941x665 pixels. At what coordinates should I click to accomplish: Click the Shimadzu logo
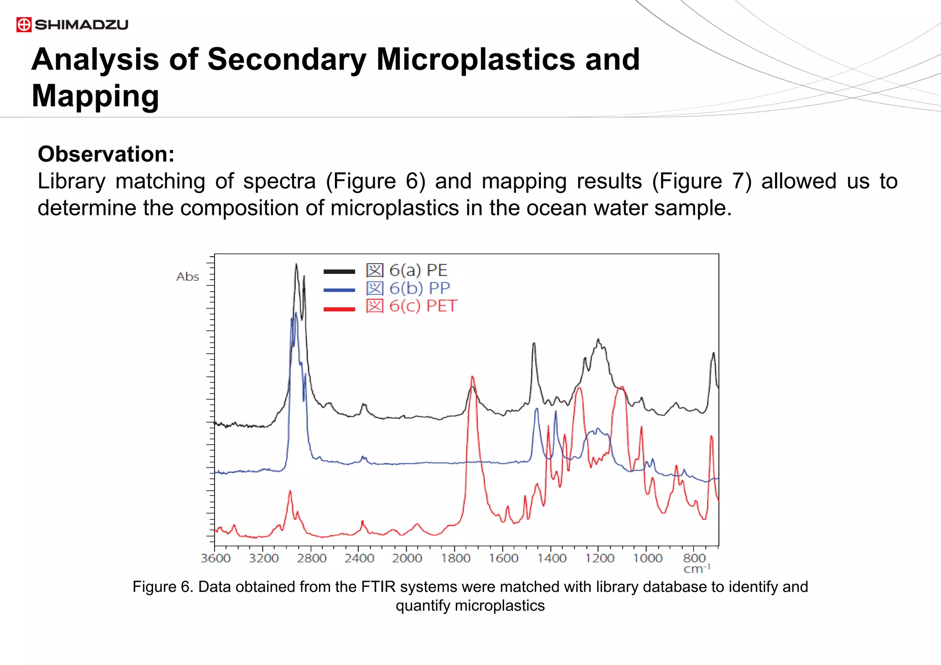tap(72, 24)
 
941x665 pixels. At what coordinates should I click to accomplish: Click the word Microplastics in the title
tap(475, 60)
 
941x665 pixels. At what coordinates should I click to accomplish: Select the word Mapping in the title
tap(95, 96)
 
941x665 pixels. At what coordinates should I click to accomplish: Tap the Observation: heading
tap(106, 154)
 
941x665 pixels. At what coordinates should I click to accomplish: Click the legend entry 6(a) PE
tap(407, 271)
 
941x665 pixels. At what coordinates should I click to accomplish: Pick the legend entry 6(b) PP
tap(408, 288)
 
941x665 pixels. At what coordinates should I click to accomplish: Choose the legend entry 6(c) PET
tap(411, 306)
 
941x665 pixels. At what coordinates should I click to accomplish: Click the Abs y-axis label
tap(187, 277)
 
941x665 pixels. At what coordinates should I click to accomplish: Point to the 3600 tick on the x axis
tap(215, 558)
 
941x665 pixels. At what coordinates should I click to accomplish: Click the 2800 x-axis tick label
tap(312, 558)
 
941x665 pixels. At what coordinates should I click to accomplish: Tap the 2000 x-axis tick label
tap(407, 558)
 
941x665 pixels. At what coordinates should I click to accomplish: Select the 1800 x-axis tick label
tap(455, 558)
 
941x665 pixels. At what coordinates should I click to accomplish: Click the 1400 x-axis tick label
tap(551, 558)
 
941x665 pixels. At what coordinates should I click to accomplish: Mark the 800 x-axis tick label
tap(694, 558)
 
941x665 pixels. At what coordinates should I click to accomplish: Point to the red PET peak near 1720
tap(472, 378)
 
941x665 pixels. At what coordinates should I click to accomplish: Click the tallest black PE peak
tap(296, 265)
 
